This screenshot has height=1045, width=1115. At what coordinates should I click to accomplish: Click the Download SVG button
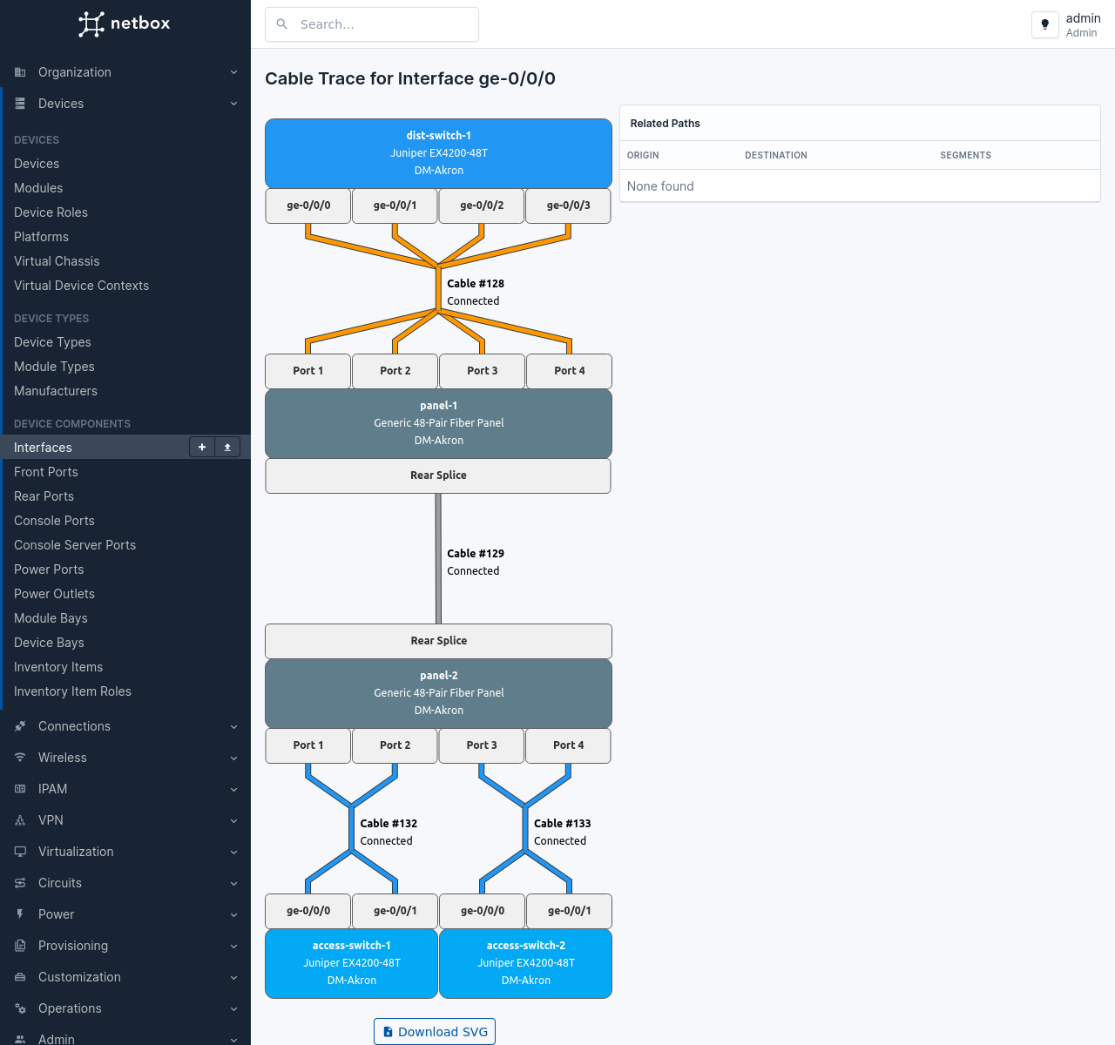435,1032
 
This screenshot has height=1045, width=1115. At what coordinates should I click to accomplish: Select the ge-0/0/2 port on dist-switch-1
482,206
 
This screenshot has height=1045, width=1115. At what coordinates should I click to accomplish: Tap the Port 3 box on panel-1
482,371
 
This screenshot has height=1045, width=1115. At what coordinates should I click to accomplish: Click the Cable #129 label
476,554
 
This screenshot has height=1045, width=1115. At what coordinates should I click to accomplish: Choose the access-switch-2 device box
525,963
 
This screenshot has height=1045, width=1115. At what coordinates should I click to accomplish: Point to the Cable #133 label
562,824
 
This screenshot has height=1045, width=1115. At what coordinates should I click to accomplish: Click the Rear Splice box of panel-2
438,641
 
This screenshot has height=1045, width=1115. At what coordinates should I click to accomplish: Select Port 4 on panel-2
568,745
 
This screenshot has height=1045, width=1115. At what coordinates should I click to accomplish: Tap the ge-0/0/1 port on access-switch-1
395,911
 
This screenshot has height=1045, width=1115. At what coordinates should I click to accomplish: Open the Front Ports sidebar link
46,472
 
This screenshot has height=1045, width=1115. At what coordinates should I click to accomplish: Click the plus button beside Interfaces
202,447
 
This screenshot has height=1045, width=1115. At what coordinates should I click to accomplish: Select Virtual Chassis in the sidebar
57,261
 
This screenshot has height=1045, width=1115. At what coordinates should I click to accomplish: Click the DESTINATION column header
775,155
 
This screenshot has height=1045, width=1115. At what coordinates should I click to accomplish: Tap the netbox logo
125,24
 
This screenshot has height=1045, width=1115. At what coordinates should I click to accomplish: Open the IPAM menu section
52,789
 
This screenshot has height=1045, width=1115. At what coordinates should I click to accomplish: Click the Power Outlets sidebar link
54,594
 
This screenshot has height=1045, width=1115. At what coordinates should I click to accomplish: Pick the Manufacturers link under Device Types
56,391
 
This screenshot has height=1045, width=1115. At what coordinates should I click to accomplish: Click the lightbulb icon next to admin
1044,24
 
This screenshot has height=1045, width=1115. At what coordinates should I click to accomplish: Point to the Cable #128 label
476,284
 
